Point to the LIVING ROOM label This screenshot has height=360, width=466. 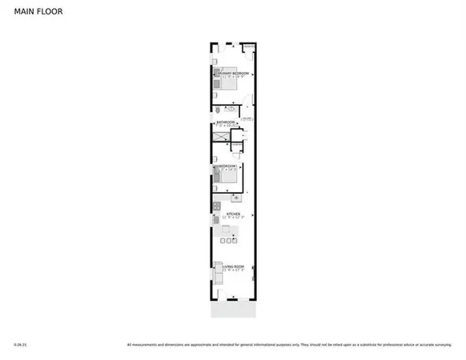233,269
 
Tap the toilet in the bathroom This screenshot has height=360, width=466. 217,110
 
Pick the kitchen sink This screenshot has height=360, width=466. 236,197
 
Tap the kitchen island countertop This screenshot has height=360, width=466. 229,231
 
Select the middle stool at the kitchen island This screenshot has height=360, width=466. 229,240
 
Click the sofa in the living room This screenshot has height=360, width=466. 216,275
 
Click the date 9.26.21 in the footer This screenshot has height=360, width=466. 21,346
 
